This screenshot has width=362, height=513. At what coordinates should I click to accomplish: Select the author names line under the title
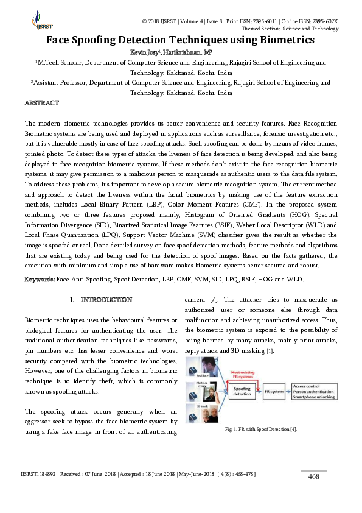click(x=180, y=52)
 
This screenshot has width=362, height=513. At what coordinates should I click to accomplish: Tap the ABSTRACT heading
click(x=41, y=103)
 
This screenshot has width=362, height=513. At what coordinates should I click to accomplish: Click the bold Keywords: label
click(x=40, y=279)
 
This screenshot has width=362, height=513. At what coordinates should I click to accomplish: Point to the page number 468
click(x=313, y=476)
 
